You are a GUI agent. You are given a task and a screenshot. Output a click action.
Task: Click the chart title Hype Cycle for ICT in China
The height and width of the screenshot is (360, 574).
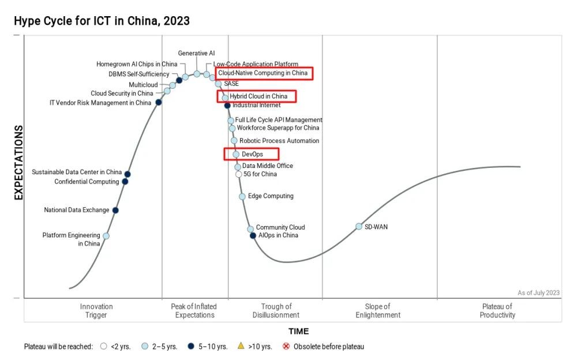[x=102, y=21]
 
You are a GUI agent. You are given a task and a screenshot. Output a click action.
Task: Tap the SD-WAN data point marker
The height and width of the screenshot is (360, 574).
[x=359, y=227]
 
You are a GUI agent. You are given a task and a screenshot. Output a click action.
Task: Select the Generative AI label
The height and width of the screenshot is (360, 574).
[x=196, y=53]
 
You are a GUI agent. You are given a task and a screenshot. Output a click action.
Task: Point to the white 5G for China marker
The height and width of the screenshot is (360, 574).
[x=238, y=174]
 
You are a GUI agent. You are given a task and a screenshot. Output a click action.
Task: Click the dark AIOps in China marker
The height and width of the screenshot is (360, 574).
[x=253, y=235]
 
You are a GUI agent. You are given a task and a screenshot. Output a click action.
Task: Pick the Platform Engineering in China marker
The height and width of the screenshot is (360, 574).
[x=106, y=235]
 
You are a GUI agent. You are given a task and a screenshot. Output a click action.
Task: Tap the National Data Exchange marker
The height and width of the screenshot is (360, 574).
[x=115, y=210]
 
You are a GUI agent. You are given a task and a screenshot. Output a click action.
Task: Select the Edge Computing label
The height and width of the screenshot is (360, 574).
[x=271, y=196]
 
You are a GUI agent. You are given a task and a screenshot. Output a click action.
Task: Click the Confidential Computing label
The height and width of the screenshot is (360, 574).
[x=87, y=182]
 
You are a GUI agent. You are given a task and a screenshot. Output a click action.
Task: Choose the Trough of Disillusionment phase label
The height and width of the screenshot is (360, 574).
[x=276, y=311]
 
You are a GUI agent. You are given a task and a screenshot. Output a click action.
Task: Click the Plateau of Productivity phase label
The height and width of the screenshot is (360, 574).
[x=497, y=311]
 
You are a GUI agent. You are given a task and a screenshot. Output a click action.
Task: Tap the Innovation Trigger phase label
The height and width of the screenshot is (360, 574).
[x=96, y=311]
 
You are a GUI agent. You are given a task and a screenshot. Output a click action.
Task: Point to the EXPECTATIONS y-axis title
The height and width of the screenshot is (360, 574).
[x=18, y=163]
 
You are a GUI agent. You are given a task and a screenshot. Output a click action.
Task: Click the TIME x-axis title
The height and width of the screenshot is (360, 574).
[x=299, y=331]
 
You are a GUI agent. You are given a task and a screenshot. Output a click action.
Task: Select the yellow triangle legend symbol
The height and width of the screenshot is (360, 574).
[x=241, y=346]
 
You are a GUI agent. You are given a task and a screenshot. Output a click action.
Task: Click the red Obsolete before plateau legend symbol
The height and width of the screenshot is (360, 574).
[x=286, y=347]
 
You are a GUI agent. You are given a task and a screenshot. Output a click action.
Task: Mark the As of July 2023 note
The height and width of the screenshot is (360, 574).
[x=538, y=292]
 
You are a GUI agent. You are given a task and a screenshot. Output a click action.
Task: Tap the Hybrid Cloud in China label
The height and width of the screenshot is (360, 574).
[x=258, y=96]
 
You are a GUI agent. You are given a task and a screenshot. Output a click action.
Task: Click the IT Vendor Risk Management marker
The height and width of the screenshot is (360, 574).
[x=159, y=103]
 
